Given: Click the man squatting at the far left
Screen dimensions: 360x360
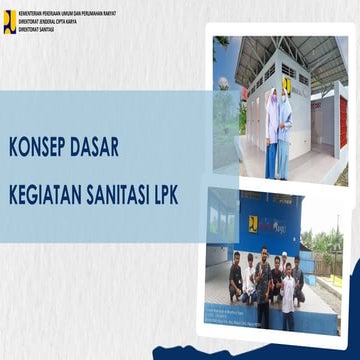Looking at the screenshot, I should coord(235,281).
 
